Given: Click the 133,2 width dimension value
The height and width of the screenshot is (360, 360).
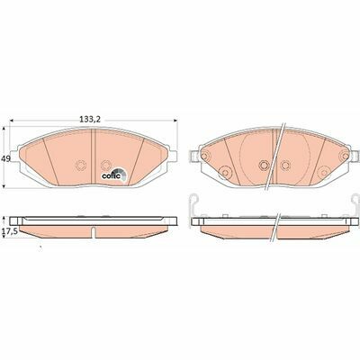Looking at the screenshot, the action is (90, 120).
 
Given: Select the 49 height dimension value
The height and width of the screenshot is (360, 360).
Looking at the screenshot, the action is (5, 158).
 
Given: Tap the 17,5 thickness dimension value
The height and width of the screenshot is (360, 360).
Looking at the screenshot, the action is (8, 231).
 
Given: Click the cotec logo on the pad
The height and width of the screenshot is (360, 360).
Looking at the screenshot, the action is (114, 175).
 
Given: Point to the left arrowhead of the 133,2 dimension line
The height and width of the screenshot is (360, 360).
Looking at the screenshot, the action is (13, 121).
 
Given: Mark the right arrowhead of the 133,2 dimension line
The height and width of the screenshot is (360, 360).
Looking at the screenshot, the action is (175, 121).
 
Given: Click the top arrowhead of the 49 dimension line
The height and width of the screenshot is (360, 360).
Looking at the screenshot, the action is (4, 129).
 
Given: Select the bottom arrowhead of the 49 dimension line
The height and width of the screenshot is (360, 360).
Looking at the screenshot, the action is (4, 185).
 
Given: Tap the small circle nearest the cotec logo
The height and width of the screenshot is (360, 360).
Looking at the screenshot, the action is (105, 165).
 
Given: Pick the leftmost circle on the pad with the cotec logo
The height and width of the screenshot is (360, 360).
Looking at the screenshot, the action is (80, 166).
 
